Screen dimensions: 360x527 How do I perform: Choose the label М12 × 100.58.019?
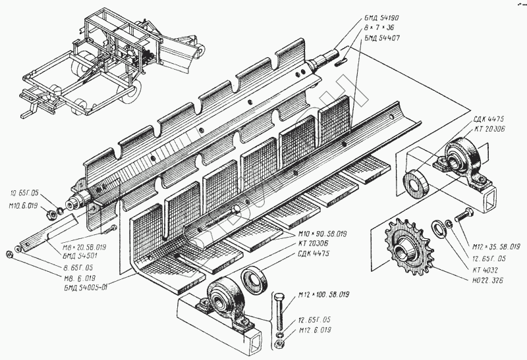323,295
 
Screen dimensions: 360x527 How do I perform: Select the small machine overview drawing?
112,63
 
